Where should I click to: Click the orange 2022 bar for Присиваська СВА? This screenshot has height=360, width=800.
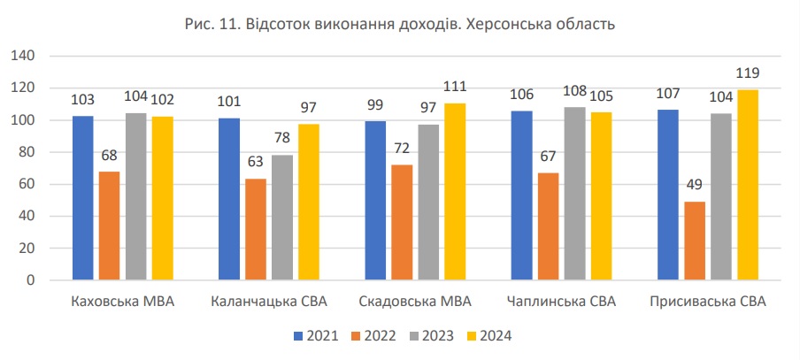695,241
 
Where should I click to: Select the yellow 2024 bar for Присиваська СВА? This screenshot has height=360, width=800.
748,185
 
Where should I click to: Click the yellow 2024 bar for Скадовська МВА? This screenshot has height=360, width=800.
455,192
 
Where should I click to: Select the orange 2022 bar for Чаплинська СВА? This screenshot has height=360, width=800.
549,226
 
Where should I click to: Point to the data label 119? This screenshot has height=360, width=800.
748,73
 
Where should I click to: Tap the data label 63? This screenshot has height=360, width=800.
256,163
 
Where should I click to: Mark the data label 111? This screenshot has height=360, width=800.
455,87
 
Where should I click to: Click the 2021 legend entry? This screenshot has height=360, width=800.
315,335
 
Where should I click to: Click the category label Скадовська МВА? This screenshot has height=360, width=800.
415,303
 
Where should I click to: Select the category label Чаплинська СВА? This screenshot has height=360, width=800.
562,303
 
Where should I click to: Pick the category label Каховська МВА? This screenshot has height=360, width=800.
122,303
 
